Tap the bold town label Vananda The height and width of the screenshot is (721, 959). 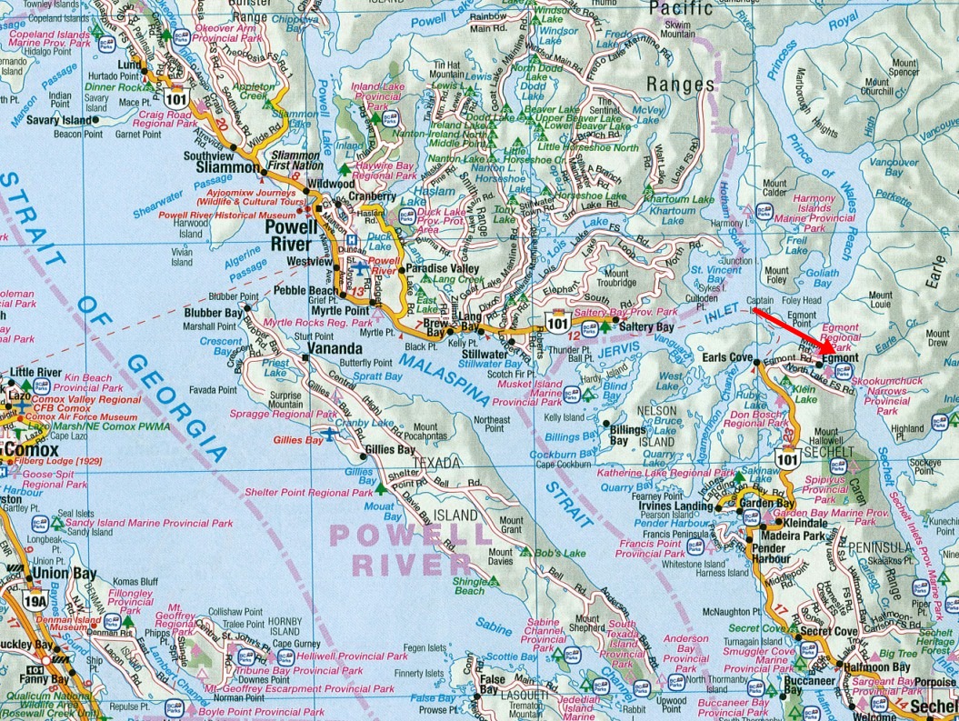(x=335, y=348)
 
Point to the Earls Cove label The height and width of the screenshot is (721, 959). (x=729, y=357)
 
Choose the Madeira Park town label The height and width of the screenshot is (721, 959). (x=793, y=536)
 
